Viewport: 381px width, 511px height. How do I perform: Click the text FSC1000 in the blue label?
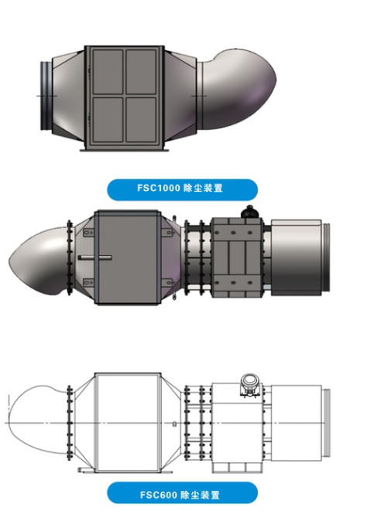(158, 188)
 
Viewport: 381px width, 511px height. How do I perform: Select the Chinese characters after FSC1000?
(203, 188)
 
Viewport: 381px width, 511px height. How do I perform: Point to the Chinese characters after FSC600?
(200, 495)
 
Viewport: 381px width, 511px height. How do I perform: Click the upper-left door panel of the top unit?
(108, 72)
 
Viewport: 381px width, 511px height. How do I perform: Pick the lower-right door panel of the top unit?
(141, 120)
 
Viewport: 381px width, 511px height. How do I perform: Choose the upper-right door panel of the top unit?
(141, 72)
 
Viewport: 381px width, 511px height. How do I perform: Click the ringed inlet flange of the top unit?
(46, 96)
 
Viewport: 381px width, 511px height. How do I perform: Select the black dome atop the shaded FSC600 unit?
(250, 212)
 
